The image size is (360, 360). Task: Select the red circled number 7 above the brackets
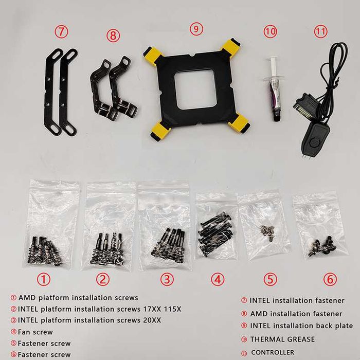point(62,32)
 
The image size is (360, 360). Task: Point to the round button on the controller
point(314,142)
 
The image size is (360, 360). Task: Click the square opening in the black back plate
point(195,88)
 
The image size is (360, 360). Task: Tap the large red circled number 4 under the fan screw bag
point(217,279)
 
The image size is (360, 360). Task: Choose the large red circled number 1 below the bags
point(43,279)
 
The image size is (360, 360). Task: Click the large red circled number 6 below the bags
point(330,279)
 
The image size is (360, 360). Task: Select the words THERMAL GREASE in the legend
point(282,339)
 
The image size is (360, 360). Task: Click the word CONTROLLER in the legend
point(273,352)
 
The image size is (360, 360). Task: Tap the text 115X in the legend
point(172,309)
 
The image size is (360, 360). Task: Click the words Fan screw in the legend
point(35,332)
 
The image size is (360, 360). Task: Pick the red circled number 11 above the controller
point(320,31)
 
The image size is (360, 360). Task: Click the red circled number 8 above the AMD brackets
point(113,35)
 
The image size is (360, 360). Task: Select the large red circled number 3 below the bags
point(167,279)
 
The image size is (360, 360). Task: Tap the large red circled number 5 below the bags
point(270,279)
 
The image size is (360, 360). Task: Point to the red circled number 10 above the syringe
point(270,31)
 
